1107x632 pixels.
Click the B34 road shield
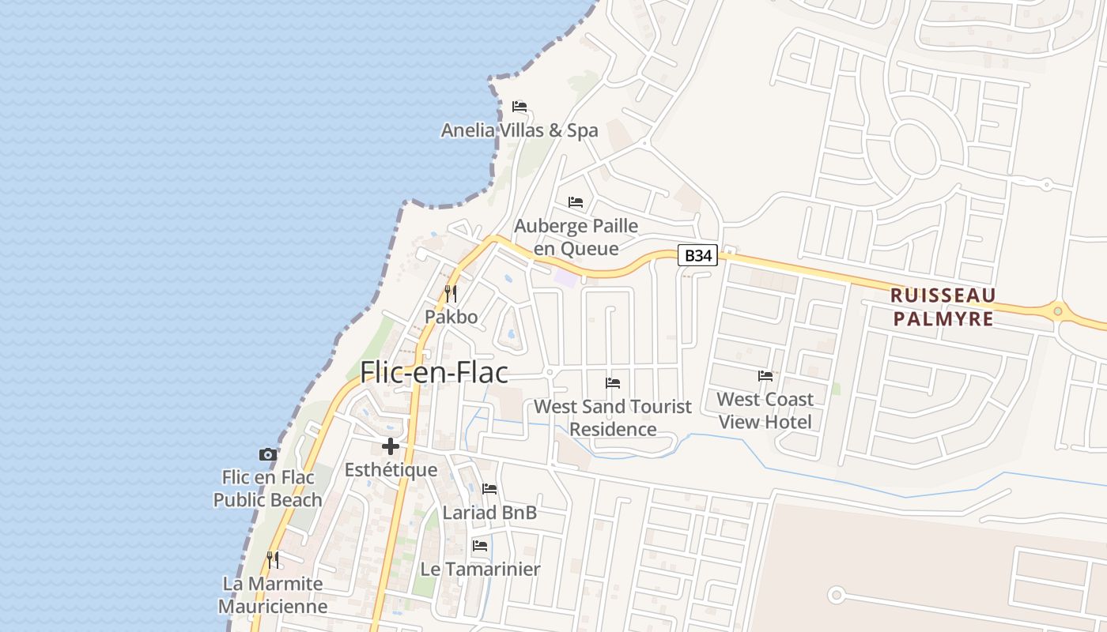pos(698,255)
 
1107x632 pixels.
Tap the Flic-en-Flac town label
pos(434,372)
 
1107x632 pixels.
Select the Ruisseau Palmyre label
pos(943,307)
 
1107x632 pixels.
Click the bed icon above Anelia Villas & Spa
pos(519,107)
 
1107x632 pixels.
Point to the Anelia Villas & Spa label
pos(519,130)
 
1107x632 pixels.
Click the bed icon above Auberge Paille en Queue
pos(576,202)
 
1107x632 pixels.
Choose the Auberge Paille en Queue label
pos(576,237)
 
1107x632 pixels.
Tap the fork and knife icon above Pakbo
pos(451,294)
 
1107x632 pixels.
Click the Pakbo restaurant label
pos(451,317)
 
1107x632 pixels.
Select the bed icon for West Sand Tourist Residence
pos(613,383)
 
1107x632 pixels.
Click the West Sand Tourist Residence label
pos(613,418)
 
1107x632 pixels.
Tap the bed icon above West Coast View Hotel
pos(765,376)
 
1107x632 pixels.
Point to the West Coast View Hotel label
pos(765,410)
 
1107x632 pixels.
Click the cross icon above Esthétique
pos(391,446)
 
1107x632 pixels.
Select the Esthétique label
pos(391,470)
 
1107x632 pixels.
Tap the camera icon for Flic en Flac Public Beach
pos(268,454)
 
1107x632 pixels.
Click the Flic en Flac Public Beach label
pos(268,488)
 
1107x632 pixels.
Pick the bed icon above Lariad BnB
pos(489,489)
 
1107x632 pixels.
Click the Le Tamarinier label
pos(480,569)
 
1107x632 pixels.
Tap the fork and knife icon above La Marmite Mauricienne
pos(273,560)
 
